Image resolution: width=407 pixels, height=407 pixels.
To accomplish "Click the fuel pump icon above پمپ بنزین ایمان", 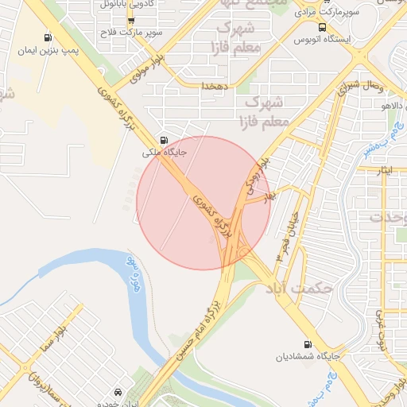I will tap(48, 37).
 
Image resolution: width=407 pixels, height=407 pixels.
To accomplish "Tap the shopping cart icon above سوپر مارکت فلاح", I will tap(130, 21).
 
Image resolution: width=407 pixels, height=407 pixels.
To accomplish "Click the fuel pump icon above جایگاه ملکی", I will tap(164, 138).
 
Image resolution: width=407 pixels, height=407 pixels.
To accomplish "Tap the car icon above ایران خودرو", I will tap(118, 392).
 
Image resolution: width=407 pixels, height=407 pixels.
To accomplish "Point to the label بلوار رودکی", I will tap(256, 178).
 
